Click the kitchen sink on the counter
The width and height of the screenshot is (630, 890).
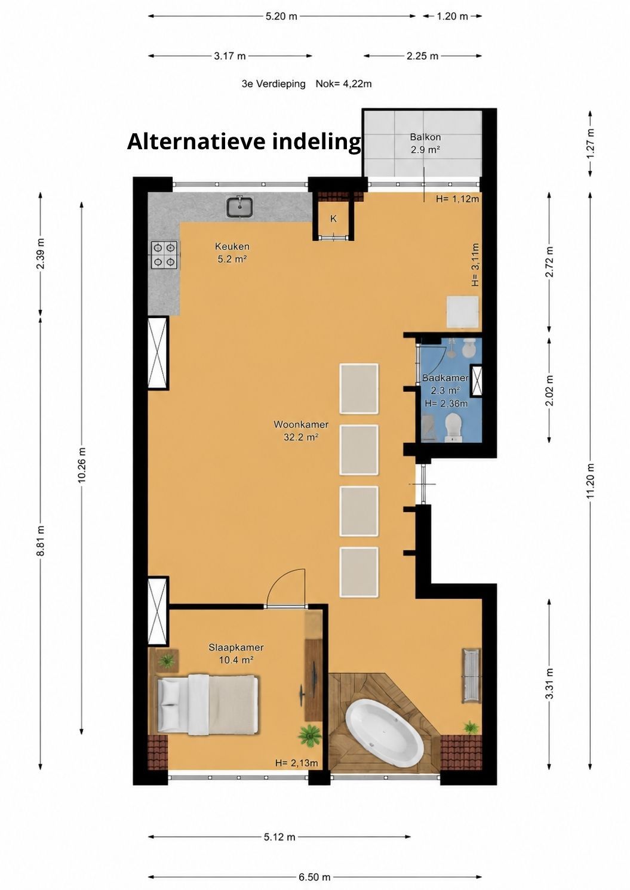point(239,207)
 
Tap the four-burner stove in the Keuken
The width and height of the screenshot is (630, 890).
point(164,255)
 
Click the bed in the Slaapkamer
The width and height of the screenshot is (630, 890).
point(207,704)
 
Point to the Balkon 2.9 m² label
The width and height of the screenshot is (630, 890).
point(425,143)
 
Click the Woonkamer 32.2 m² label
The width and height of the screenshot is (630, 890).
point(301,431)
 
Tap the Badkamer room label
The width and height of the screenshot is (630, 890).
point(445,378)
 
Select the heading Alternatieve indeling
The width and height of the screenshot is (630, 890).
point(244,141)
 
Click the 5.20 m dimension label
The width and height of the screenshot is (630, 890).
point(281,16)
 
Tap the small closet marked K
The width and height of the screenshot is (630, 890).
point(333,218)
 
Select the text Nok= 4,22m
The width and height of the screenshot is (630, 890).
point(343,84)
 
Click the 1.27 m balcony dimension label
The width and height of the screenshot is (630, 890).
point(590,143)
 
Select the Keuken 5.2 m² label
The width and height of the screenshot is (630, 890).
point(232,252)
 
